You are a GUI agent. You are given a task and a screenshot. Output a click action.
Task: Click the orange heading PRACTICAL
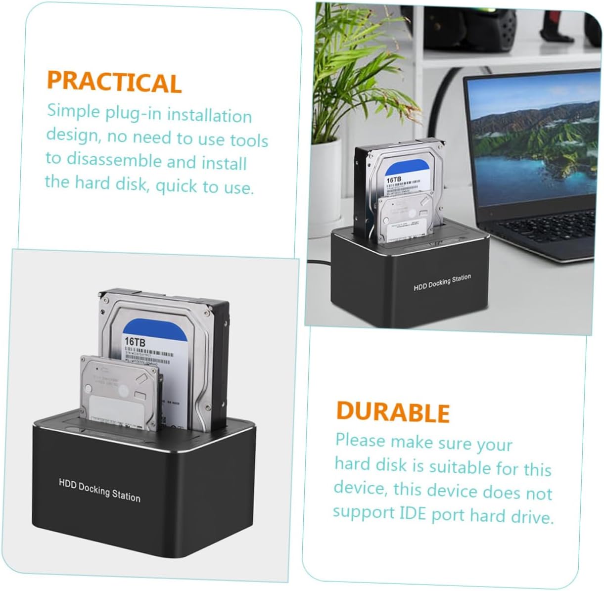(x=114, y=82)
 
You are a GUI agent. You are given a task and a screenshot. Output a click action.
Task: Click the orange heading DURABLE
(x=392, y=412)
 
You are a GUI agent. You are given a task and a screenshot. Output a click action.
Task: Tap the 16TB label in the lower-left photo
(x=135, y=341)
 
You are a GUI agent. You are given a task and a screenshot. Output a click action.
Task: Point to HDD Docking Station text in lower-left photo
(x=99, y=490)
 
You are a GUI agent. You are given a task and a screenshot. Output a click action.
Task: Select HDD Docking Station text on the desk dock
(x=442, y=282)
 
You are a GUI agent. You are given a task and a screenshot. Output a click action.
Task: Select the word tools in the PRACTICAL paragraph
(x=249, y=140)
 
